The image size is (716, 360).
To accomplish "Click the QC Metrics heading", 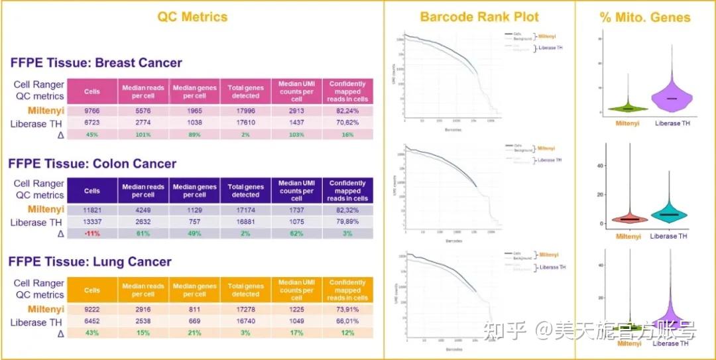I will [x=192, y=17].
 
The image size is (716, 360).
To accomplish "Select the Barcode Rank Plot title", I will [x=479, y=17].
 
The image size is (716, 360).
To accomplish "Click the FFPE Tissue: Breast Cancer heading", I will [x=96, y=63].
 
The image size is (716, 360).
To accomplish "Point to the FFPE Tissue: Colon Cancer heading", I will [x=93, y=163].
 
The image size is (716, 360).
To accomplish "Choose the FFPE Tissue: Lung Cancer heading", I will [x=91, y=262].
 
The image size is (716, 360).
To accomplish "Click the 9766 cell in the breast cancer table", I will [x=92, y=111].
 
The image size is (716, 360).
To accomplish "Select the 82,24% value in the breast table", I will [x=347, y=111].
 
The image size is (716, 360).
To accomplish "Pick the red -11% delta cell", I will [x=92, y=234].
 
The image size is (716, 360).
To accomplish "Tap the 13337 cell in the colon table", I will [x=92, y=222].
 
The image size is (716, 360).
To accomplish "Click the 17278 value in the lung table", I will [x=245, y=309].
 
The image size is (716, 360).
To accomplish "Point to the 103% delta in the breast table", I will [x=296, y=135].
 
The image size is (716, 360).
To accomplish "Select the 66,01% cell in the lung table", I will [x=347, y=321].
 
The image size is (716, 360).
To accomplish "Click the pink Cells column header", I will [x=92, y=90].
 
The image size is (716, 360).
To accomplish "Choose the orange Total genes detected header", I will [x=245, y=290].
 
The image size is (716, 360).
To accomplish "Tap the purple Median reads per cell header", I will [x=143, y=191].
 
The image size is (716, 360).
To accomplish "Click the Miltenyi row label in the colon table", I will [x=46, y=210].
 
